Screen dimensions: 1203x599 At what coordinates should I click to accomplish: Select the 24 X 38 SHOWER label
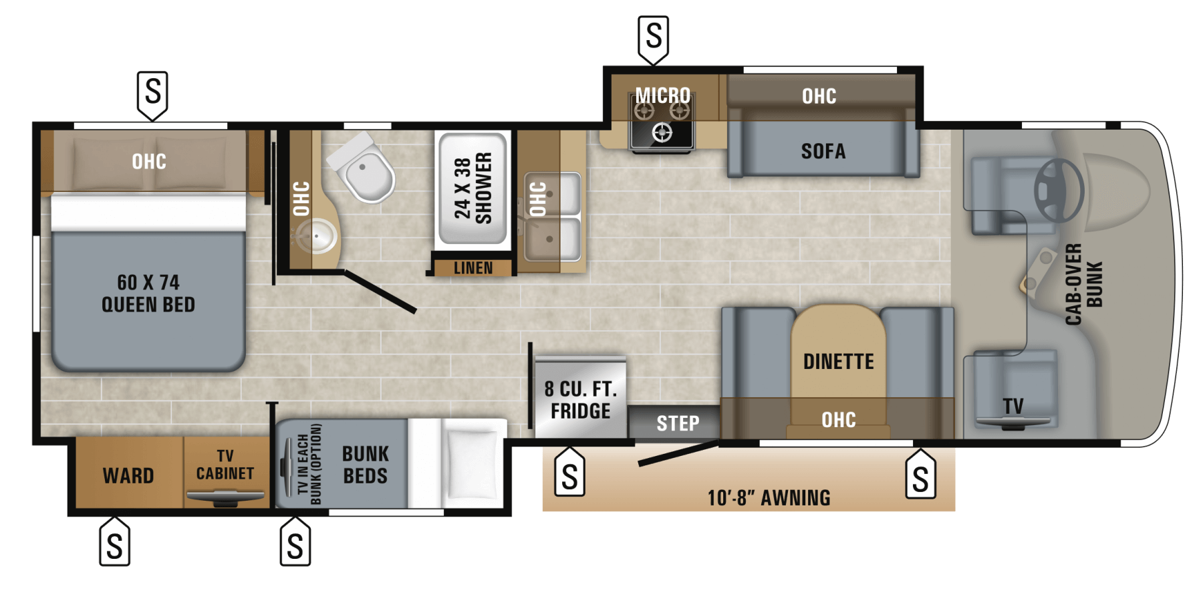click(473, 188)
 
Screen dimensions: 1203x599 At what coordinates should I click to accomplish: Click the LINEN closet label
click(473, 268)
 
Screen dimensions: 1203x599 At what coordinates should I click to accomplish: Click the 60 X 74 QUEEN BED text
click(148, 293)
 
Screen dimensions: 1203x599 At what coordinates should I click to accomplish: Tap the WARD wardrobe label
click(128, 476)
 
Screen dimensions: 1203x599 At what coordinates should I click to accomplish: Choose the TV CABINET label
click(225, 465)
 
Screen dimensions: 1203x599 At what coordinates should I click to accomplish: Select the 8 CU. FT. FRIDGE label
click(580, 400)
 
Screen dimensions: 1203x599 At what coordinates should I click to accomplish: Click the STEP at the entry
click(678, 423)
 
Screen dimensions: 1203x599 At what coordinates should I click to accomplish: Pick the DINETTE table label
click(839, 362)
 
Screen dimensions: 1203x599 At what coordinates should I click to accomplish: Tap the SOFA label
click(823, 151)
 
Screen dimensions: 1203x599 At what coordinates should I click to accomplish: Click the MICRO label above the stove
click(663, 96)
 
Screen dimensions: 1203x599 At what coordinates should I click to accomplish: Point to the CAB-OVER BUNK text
click(1083, 284)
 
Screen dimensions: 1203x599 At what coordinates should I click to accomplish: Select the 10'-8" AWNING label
click(769, 498)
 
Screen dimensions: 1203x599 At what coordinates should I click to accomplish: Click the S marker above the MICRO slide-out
click(654, 39)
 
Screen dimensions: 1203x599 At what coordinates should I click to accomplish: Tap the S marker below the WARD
click(114, 542)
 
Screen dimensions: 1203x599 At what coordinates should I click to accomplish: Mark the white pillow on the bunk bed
click(473, 463)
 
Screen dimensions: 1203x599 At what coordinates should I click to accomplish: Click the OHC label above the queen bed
click(149, 161)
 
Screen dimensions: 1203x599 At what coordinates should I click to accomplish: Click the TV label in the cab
click(1013, 406)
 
